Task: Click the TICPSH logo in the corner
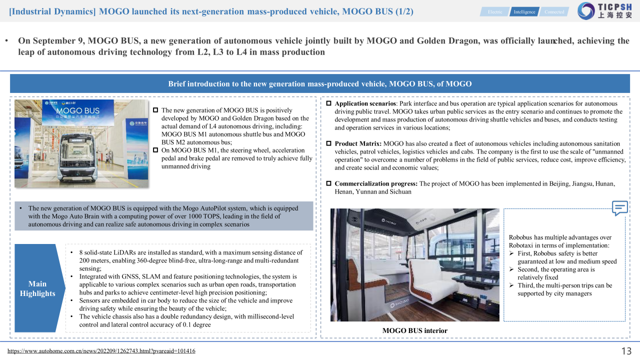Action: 604,11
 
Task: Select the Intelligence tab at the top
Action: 524,11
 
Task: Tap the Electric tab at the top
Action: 495,11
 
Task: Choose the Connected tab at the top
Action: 554,11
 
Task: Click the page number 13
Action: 626,350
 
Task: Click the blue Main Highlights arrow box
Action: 37,288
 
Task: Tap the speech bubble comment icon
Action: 620,208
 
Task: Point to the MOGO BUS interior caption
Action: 414,330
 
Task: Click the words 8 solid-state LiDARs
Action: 106,252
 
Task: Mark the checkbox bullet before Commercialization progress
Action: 328,183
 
